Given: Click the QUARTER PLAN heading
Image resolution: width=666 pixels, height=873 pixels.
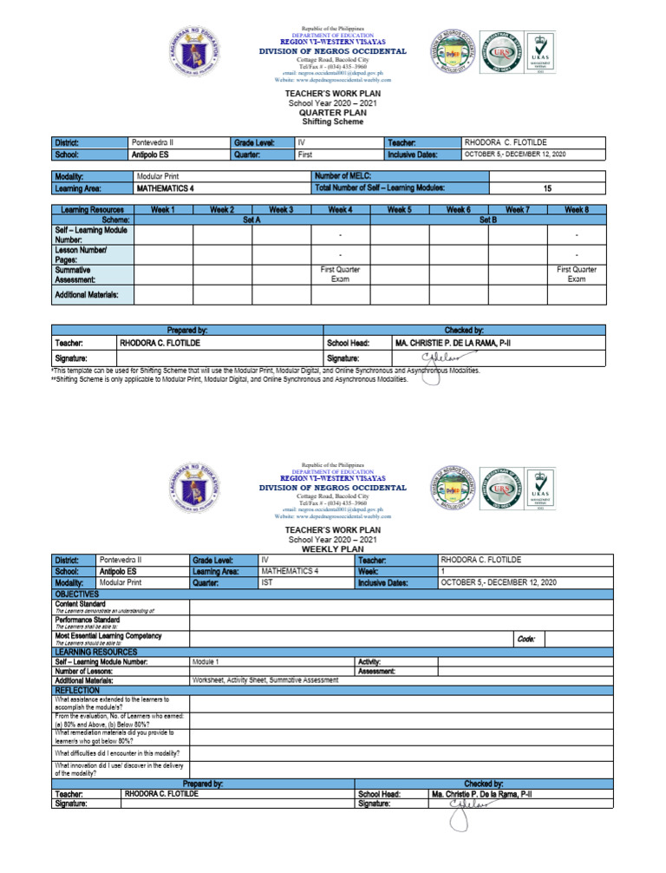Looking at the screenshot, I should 334,112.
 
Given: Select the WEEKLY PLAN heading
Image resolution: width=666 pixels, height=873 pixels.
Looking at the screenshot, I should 334,549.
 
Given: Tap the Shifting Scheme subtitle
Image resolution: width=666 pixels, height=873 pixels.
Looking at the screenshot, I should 334,121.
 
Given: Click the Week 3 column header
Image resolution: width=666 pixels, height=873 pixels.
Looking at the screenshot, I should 280,209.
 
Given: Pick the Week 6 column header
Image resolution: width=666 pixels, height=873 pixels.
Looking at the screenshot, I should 458,209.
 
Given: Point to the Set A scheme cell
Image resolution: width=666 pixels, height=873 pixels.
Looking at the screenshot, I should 251,220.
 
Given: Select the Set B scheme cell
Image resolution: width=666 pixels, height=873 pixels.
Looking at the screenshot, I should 487,220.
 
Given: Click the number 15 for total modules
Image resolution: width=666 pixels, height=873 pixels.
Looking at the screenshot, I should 547,187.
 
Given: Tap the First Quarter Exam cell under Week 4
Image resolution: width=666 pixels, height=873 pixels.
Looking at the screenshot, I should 340,275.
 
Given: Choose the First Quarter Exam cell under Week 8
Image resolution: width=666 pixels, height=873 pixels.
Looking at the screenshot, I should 576,275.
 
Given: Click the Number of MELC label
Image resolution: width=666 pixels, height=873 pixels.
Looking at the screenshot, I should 349,176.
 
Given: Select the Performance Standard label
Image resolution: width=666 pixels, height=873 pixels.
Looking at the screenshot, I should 88,620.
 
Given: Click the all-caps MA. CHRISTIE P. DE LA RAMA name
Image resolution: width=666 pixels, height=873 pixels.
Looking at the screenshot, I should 453,344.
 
